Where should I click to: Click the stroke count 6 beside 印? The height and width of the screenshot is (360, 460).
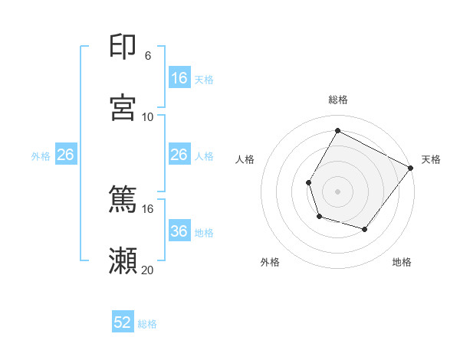(x=148, y=56)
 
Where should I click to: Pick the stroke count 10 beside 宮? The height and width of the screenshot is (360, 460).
(x=148, y=116)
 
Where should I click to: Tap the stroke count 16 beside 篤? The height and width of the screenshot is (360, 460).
(x=148, y=208)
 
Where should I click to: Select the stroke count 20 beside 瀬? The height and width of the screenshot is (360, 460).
(x=148, y=270)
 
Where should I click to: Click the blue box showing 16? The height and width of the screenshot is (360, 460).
(x=179, y=78)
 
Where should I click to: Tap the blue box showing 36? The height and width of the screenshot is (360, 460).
(x=179, y=231)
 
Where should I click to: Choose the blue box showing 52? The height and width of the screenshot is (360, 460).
(x=123, y=322)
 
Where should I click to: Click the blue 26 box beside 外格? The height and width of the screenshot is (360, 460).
(x=65, y=155)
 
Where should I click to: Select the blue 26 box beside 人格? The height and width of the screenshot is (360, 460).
(x=179, y=155)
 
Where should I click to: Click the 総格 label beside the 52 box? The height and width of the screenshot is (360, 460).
(x=147, y=323)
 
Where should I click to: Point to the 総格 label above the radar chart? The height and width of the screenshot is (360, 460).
(x=338, y=100)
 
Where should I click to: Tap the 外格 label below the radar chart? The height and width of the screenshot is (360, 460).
(x=270, y=263)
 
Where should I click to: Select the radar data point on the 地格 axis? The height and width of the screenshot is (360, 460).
(x=365, y=229)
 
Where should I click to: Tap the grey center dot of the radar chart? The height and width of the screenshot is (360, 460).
(x=338, y=191)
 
